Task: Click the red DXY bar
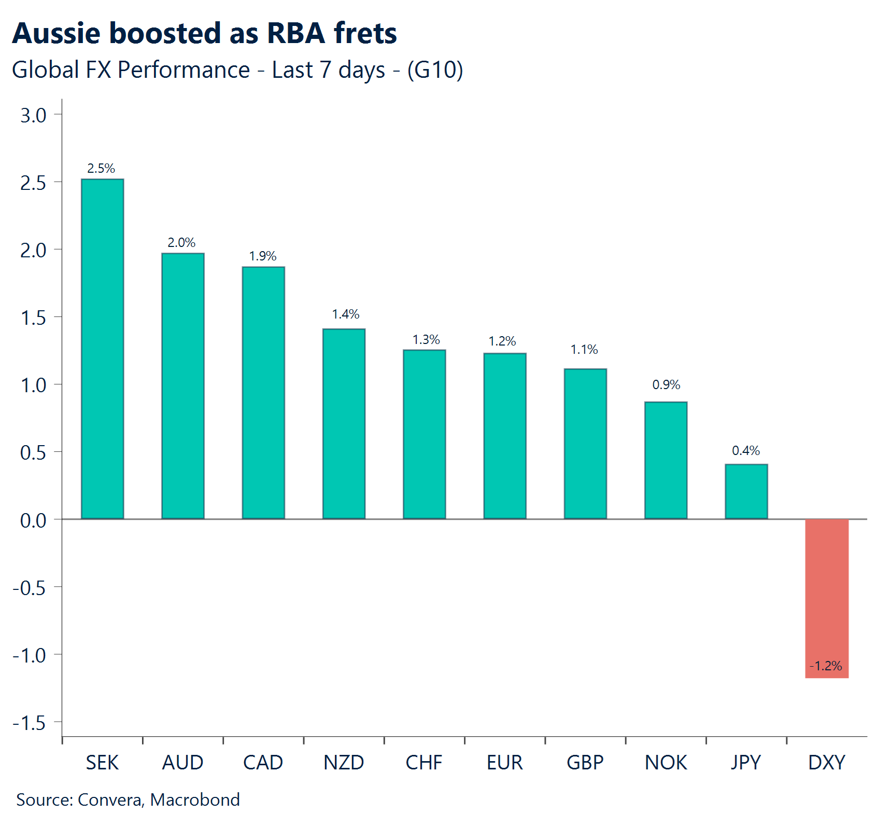click(x=827, y=597)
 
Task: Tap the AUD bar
click(x=182, y=386)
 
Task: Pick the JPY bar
click(x=746, y=491)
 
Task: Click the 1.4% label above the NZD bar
click(x=345, y=314)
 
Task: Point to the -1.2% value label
click(x=826, y=666)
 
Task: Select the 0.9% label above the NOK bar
click(x=666, y=384)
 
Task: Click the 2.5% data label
click(x=101, y=168)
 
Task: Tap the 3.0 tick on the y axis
click(x=33, y=115)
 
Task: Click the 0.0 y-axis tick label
click(x=33, y=520)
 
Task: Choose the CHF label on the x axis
click(x=424, y=763)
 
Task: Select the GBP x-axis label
click(x=585, y=763)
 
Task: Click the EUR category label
click(x=505, y=763)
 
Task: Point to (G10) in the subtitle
click(x=435, y=70)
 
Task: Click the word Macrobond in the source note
click(x=195, y=800)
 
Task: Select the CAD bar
click(x=263, y=393)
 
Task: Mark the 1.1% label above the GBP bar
click(x=584, y=349)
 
